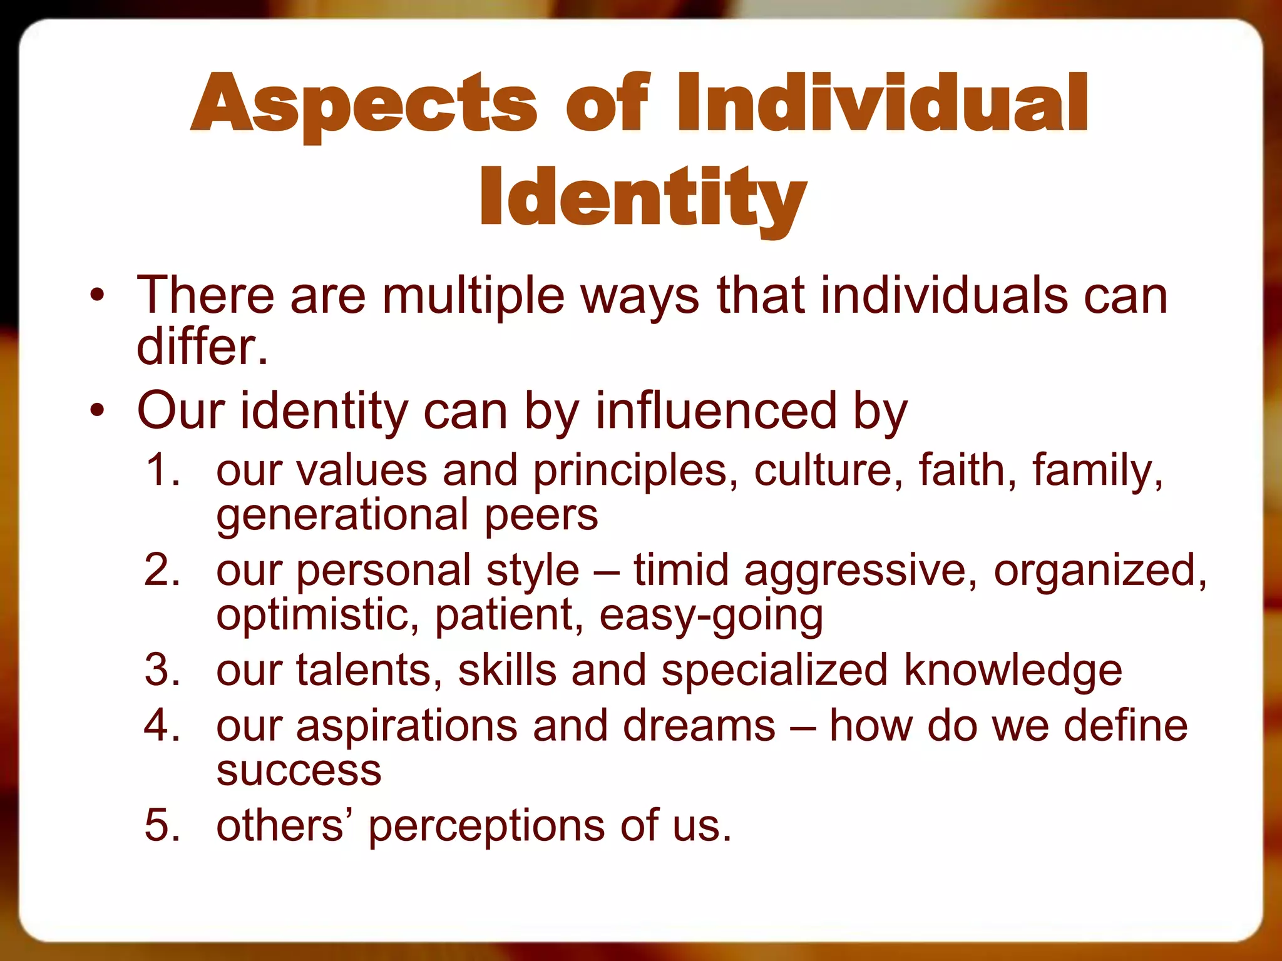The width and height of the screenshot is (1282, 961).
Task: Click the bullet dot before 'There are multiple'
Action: click(96, 295)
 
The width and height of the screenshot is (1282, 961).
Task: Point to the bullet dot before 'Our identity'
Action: click(96, 411)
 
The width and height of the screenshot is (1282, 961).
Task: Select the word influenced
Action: click(715, 411)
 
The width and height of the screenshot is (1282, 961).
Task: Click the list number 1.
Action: click(162, 469)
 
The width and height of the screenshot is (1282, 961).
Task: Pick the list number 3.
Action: click(162, 669)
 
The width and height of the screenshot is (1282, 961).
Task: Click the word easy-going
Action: click(710, 616)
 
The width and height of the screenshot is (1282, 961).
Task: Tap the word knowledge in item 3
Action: click(1012, 670)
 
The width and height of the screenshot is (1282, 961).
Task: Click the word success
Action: click(299, 771)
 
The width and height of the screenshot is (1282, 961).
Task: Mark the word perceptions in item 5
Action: click(486, 826)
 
